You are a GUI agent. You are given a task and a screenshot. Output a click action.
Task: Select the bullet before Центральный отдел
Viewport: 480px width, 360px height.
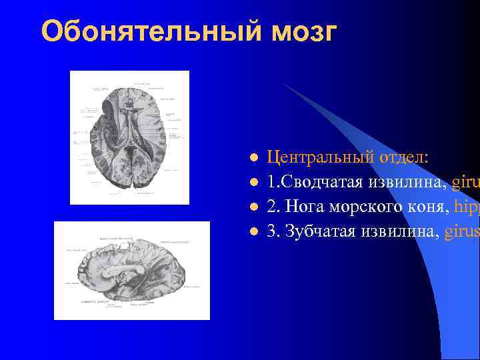(253, 159)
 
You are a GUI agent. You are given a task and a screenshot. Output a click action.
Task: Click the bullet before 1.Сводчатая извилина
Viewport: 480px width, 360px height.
(253, 183)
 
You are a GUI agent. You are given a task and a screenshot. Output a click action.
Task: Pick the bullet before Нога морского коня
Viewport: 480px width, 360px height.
(253, 207)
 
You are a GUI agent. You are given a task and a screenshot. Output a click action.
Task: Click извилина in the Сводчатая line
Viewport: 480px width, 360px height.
(408, 182)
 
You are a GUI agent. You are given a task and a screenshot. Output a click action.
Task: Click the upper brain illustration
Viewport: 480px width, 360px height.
(129, 137)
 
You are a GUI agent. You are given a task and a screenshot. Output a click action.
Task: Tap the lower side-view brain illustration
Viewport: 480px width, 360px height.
(131, 270)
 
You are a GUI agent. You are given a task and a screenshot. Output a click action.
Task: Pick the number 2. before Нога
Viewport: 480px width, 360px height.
(273, 207)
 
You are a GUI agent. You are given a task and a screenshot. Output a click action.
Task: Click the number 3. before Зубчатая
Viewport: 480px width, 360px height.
(273, 231)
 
